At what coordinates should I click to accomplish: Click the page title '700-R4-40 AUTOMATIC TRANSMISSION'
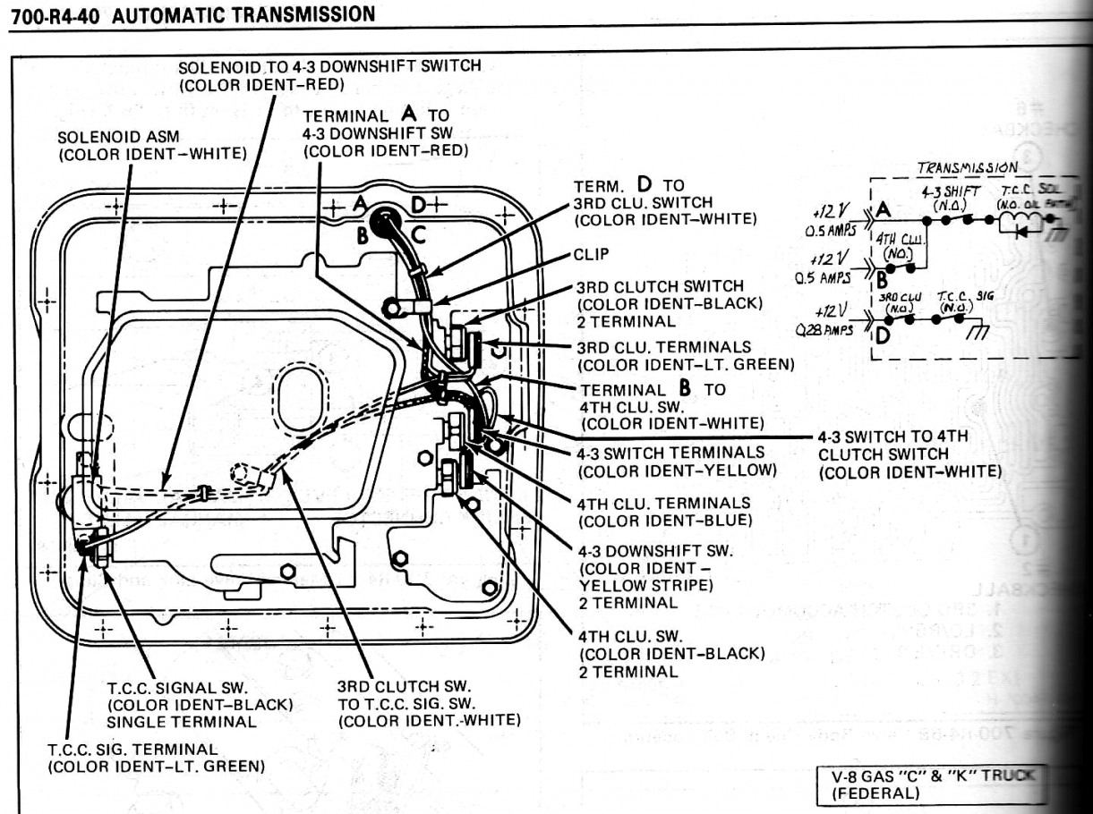[191, 13]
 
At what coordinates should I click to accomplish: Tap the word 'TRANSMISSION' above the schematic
[967, 167]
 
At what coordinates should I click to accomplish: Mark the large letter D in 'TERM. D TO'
[643, 185]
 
